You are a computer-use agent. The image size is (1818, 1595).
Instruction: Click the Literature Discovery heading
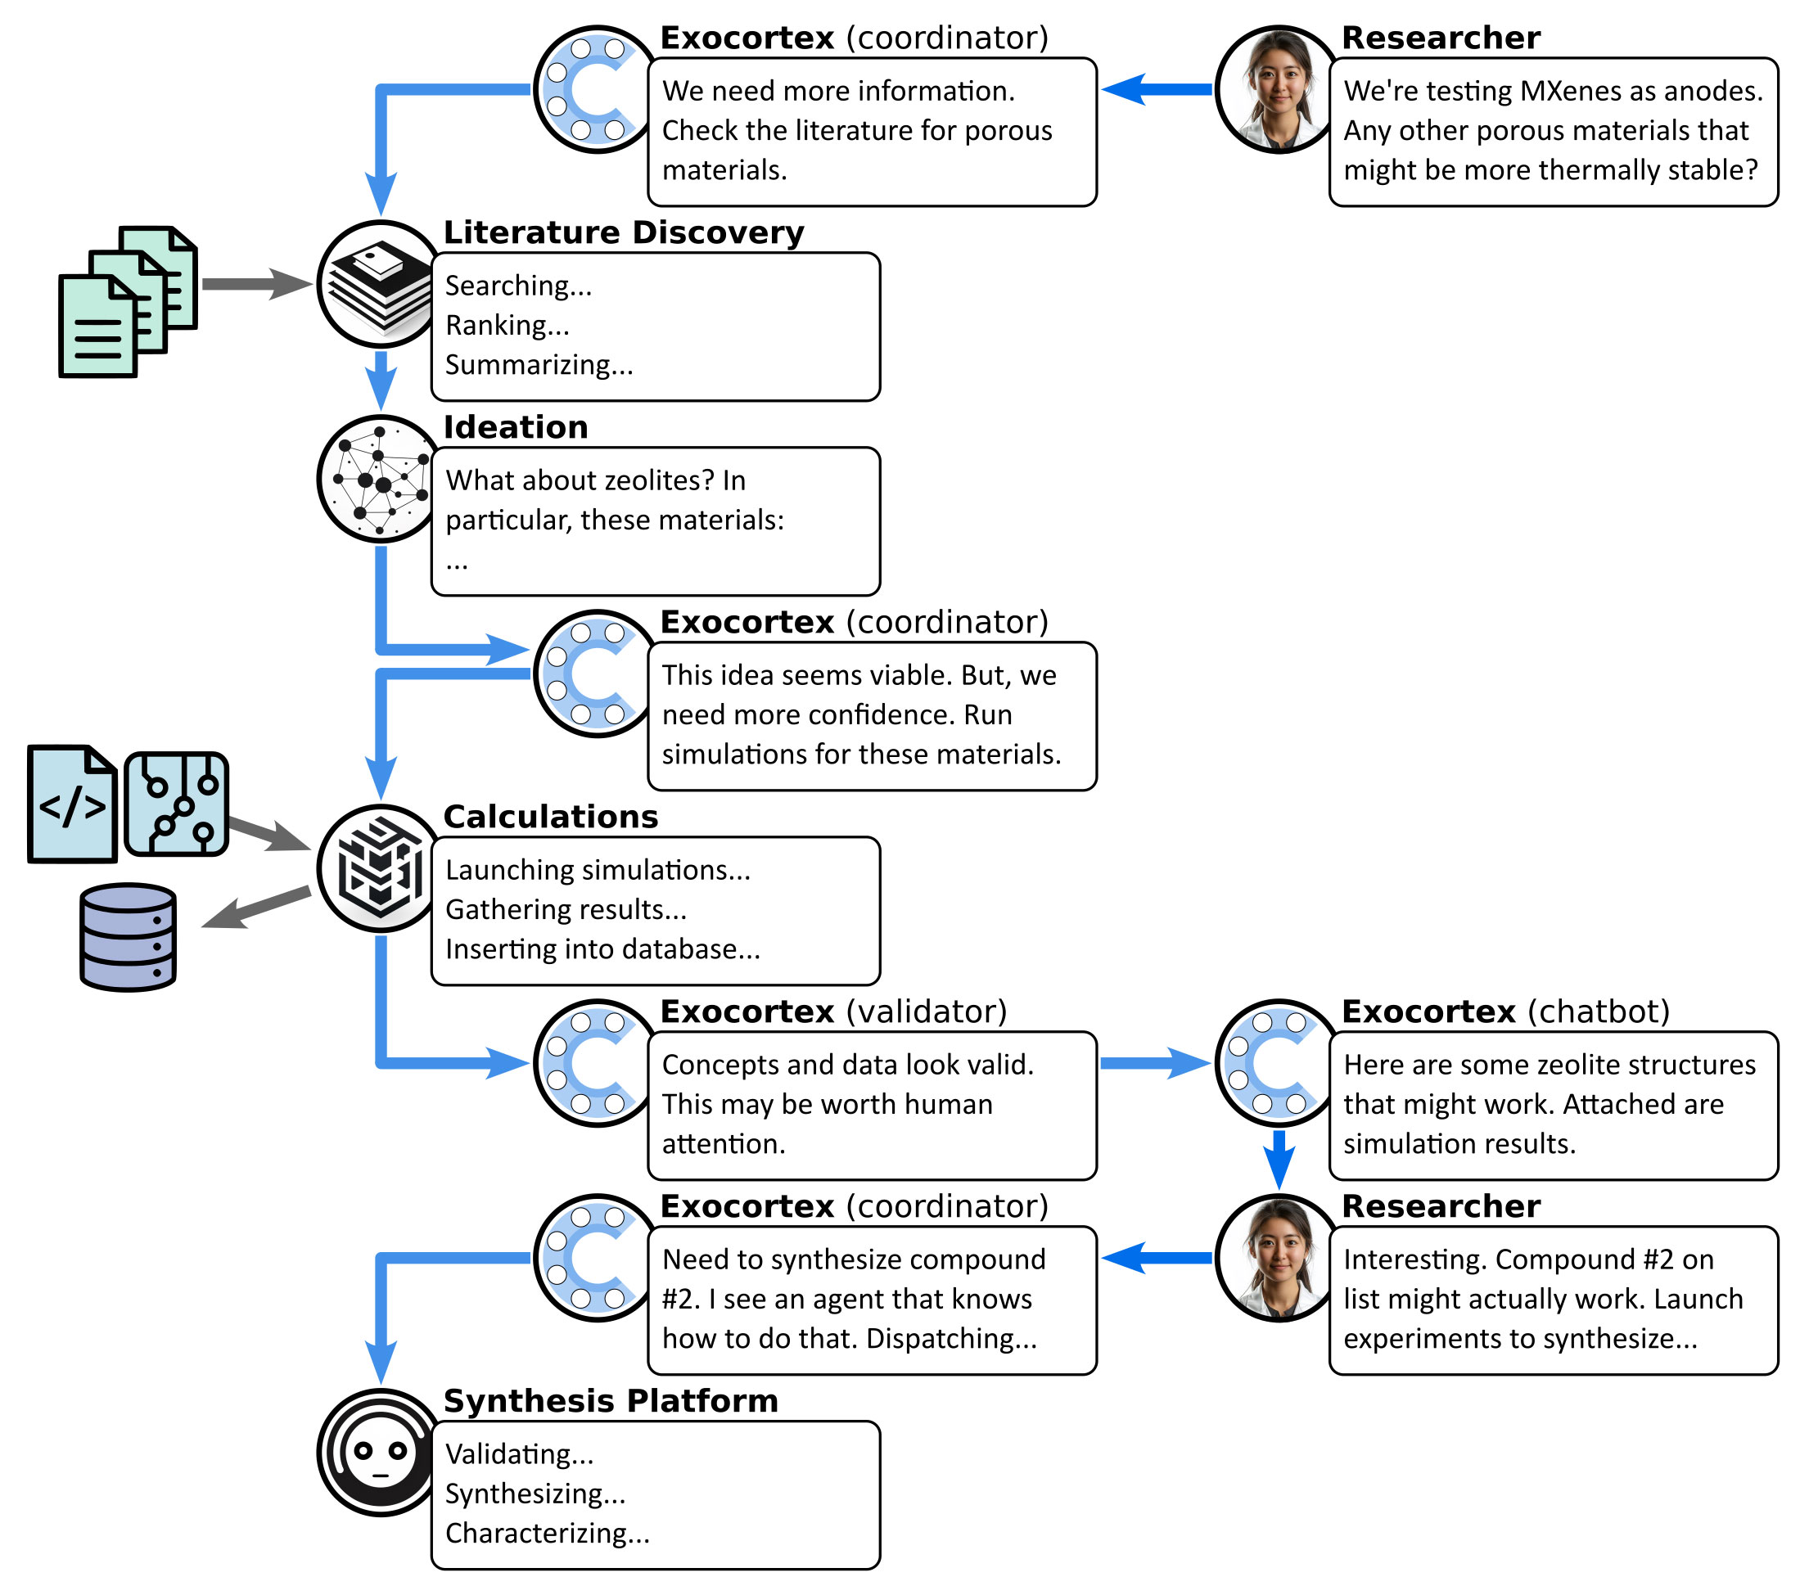tap(624, 232)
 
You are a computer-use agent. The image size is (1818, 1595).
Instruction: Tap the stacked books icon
tap(381, 284)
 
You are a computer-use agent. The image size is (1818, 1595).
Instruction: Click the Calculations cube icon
tap(381, 867)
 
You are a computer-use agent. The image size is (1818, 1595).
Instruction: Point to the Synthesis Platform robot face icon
tap(381, 1452)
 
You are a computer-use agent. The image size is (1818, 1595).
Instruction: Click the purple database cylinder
tap(128, 936)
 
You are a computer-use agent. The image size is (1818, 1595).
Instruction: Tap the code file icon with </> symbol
tap(73, 804)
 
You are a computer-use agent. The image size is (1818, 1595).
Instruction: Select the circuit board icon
tap(176, 804)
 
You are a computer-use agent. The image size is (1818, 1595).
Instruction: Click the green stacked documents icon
tap(128, 301)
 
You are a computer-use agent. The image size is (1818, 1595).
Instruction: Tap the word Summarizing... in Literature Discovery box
tap(539, 364)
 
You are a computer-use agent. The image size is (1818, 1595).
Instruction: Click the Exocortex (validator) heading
tap(833, 1011)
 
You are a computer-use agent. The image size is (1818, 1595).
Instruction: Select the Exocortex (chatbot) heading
tap(1505, 1011)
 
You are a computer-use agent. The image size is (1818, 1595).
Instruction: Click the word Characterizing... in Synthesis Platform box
tap(548, 1534)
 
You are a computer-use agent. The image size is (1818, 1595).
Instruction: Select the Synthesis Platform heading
tap(611, 1400)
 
